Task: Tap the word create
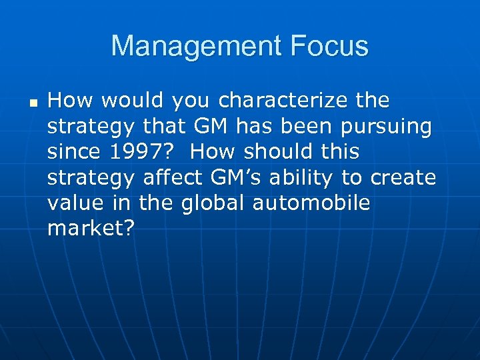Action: tap(405, 178)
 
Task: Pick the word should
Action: tap(273, 152)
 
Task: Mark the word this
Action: tap(338, 152)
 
